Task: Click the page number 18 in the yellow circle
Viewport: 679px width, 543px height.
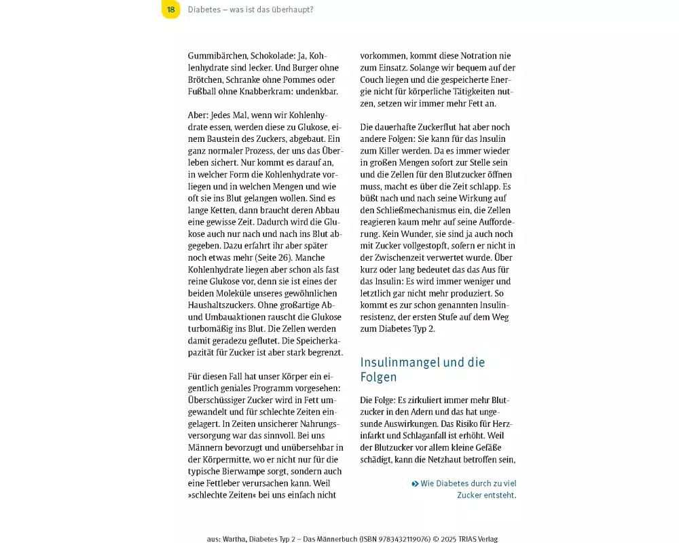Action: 170,10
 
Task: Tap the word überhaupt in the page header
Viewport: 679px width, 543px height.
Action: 293,10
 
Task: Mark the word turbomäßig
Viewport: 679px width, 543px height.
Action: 211,329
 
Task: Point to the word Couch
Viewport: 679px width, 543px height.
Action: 375,80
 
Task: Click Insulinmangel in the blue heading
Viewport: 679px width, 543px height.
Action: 400,362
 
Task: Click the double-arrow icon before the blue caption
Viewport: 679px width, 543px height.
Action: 415,484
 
